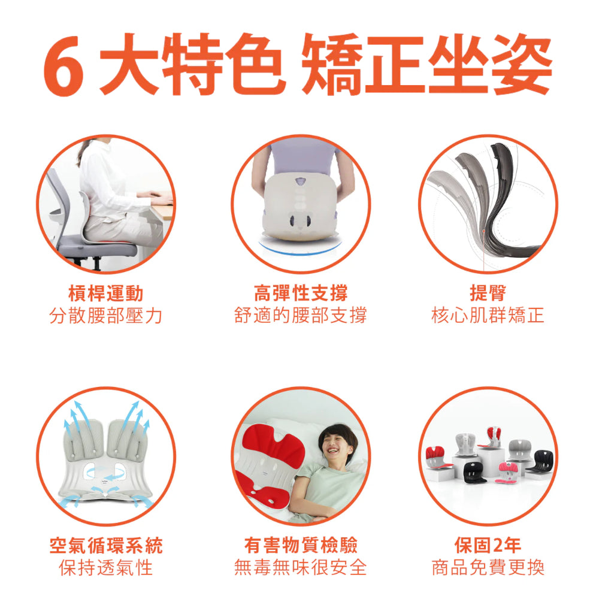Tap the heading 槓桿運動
click(105, 294)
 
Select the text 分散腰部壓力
click(105, 315)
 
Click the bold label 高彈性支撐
click(300, 294)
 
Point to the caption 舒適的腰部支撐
click(300, 315)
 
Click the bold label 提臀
click(488, 294)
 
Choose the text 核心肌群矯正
click(488, 315)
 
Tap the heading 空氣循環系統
click(105, 546)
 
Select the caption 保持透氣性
click(105, 567)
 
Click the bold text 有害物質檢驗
click(300, 546)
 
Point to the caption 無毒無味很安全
click(300, 567)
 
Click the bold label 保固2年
click(488, 546)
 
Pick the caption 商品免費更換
click(488, 567)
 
